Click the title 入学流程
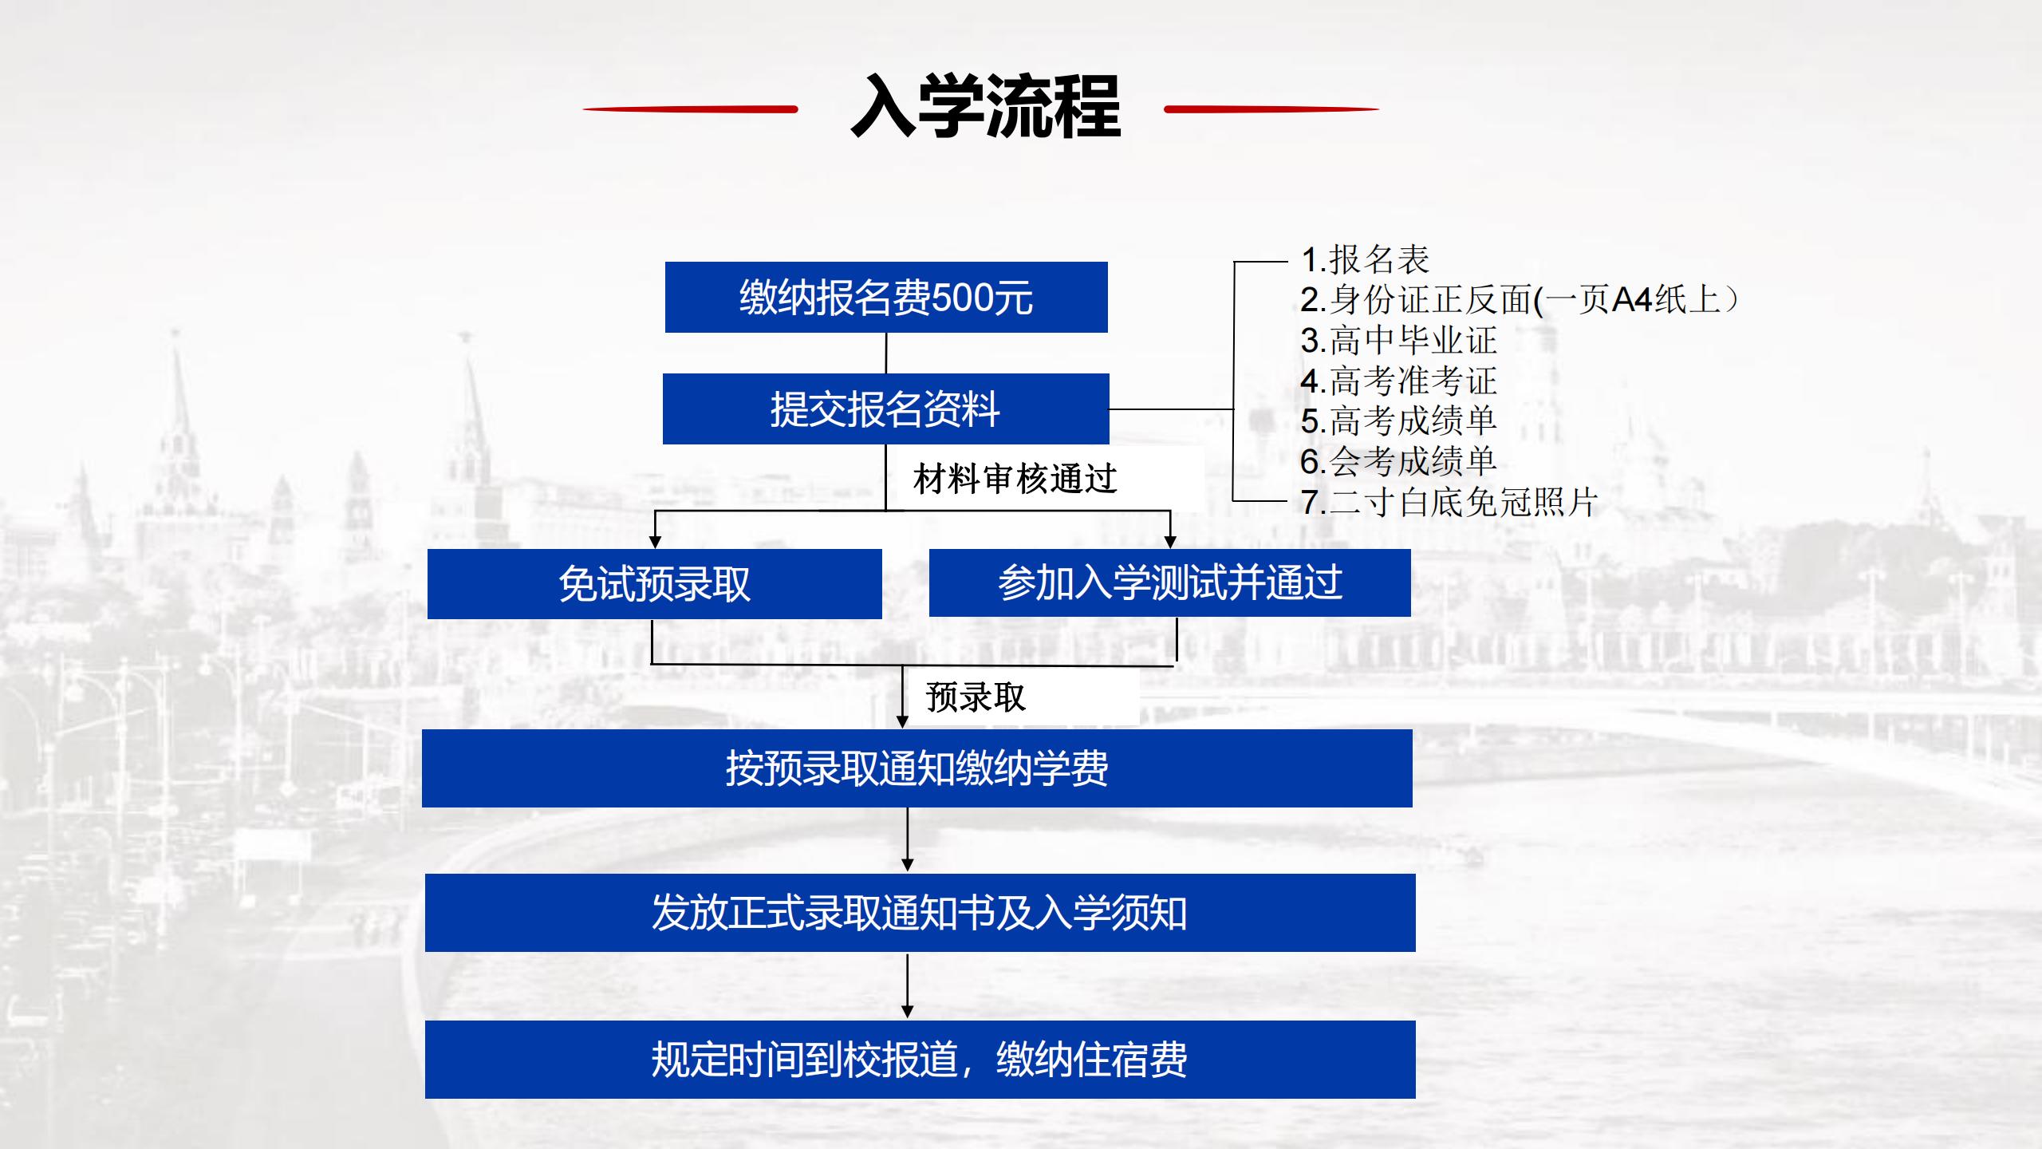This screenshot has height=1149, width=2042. tap(986, 107)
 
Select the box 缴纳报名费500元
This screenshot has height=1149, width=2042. tap(886, 297)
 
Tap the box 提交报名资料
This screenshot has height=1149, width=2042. tap(885, 409)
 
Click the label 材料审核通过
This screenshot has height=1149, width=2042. tap(1015, 479)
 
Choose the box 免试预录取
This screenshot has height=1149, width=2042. tap(655, 584)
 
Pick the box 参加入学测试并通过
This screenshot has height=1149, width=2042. tap(1170, 582)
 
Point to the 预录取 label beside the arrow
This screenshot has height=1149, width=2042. tap(976, 697)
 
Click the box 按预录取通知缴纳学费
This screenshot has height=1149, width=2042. tap(917, 768)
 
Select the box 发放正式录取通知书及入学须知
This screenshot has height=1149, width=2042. tap(920, 913)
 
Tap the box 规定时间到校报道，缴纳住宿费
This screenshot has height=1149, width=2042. tap(920, 1060)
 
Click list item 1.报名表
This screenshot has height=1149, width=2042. tap(1365, 259)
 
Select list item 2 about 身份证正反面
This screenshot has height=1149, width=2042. tap(1520, 300)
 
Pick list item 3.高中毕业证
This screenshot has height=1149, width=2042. tap(1398, 341)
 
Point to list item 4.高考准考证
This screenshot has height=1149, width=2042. tap(1398, 381)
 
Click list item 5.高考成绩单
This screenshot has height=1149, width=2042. tap(1398, 421)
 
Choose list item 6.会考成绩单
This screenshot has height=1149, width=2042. tap(1398, 461)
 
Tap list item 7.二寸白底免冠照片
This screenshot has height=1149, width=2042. tap(1449, 502)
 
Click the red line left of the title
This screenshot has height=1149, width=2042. tap(690, 109)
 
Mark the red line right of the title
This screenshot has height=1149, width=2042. tap(1271, 109)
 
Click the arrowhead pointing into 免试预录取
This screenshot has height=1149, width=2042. tap(655, 542)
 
